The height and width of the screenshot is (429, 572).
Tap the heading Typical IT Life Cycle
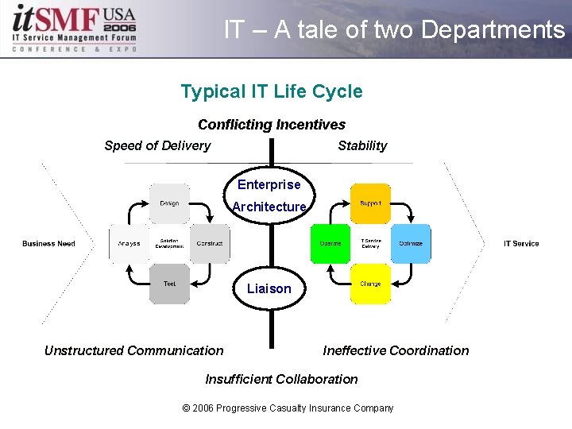[x=272, y=91]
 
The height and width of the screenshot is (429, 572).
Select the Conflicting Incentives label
[x=272, y=125]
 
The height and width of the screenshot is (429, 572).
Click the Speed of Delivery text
[x=157, y=145]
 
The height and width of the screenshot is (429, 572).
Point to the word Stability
[x=362, y=145]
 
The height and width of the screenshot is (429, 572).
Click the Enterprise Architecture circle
[x=269, y=195]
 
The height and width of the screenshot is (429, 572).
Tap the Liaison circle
[x=269, y=288]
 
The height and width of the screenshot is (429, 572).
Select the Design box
[x=169, y=204]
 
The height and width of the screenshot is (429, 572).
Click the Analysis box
[x=129, y=243]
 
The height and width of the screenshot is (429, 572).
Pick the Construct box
[x=210, y=243]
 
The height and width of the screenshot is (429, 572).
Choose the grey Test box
[x=169, y=284]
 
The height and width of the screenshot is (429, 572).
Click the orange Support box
[x=370, y=204]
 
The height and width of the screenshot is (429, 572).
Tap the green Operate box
[x=330, y=243]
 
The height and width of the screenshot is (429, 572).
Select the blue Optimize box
[x=411, y=243]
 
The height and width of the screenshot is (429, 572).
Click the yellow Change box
[x=370, y=284]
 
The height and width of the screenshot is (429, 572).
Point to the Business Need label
[x=48, y=243]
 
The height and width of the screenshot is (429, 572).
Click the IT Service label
[x=521, y=243]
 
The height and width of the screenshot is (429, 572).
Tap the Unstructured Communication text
[x=134, y=350]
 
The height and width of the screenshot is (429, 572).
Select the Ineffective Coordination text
[x=396, y=350]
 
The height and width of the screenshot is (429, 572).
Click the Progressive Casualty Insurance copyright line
[x=288, y=408]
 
